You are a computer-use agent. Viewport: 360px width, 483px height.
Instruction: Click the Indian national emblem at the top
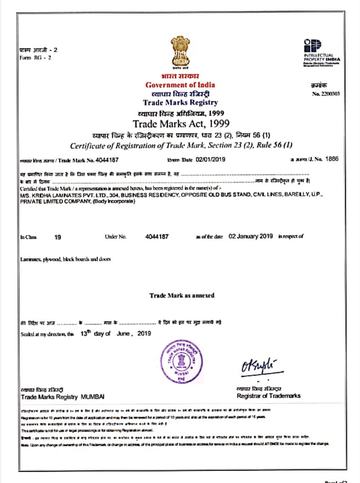click(x=180, y=52)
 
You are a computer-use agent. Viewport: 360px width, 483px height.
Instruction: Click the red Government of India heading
click(x=180, y=85)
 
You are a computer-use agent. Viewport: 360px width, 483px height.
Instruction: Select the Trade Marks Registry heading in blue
click(x=180, y=103)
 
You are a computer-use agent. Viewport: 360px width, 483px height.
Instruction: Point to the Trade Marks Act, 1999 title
click(x=181, y=122)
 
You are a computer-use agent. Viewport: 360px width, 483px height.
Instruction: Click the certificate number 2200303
click(x=326, y=94)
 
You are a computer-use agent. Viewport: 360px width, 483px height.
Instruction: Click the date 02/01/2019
click(x=211, y=159)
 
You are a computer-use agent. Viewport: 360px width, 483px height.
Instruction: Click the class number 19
click(x=58, y=237)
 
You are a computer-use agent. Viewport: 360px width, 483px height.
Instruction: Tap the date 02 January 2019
click(x=250, y=236)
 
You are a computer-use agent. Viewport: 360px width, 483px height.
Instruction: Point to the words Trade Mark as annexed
click(x=182, y=295)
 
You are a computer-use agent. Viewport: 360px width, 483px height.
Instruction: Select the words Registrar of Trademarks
click(x=268, y=396)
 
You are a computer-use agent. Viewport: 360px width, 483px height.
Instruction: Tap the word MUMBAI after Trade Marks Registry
click(x=93, y=397)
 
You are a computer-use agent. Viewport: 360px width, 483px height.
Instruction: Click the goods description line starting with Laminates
click(x=65, y=259)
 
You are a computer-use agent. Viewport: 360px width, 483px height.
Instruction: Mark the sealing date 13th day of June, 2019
click(x=116, y=334)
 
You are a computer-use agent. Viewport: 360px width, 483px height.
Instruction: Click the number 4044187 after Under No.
click(x=157, y=237)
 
